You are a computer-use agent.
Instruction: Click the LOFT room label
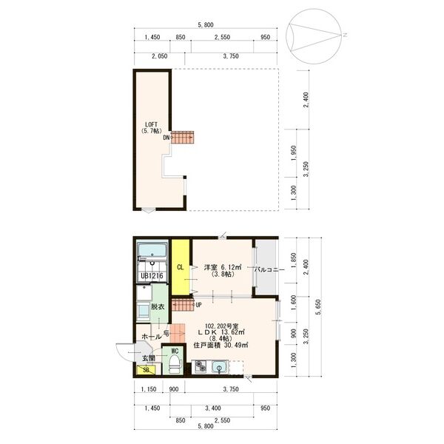point(152,124)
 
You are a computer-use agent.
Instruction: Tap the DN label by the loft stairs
point(166,138)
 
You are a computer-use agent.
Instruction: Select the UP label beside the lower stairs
point(198,305)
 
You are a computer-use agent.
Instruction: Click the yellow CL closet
point(181,267)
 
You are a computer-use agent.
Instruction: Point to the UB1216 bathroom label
point(152,276)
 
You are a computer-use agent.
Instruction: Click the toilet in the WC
point(173,363)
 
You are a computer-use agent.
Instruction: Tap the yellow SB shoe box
point(146,369)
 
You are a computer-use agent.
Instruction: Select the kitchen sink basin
point(220,368)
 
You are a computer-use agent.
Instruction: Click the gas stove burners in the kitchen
point(201,367)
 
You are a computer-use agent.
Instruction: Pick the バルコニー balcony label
point(269,269)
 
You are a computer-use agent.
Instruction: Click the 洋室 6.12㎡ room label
point(223,267)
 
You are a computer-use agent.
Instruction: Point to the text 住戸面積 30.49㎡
point(221,345)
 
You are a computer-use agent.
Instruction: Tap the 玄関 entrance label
point(149,358)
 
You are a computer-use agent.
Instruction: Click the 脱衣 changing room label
point(158,306)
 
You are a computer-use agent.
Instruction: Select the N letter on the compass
point(345,35)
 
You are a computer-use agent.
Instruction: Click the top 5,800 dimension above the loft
point(206,25)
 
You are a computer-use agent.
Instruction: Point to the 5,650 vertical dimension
point(319,307)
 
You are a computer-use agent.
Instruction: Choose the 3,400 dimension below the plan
point(213,408)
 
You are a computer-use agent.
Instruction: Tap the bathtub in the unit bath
point(152,250)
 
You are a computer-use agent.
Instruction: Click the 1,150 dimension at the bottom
point(149,389)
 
